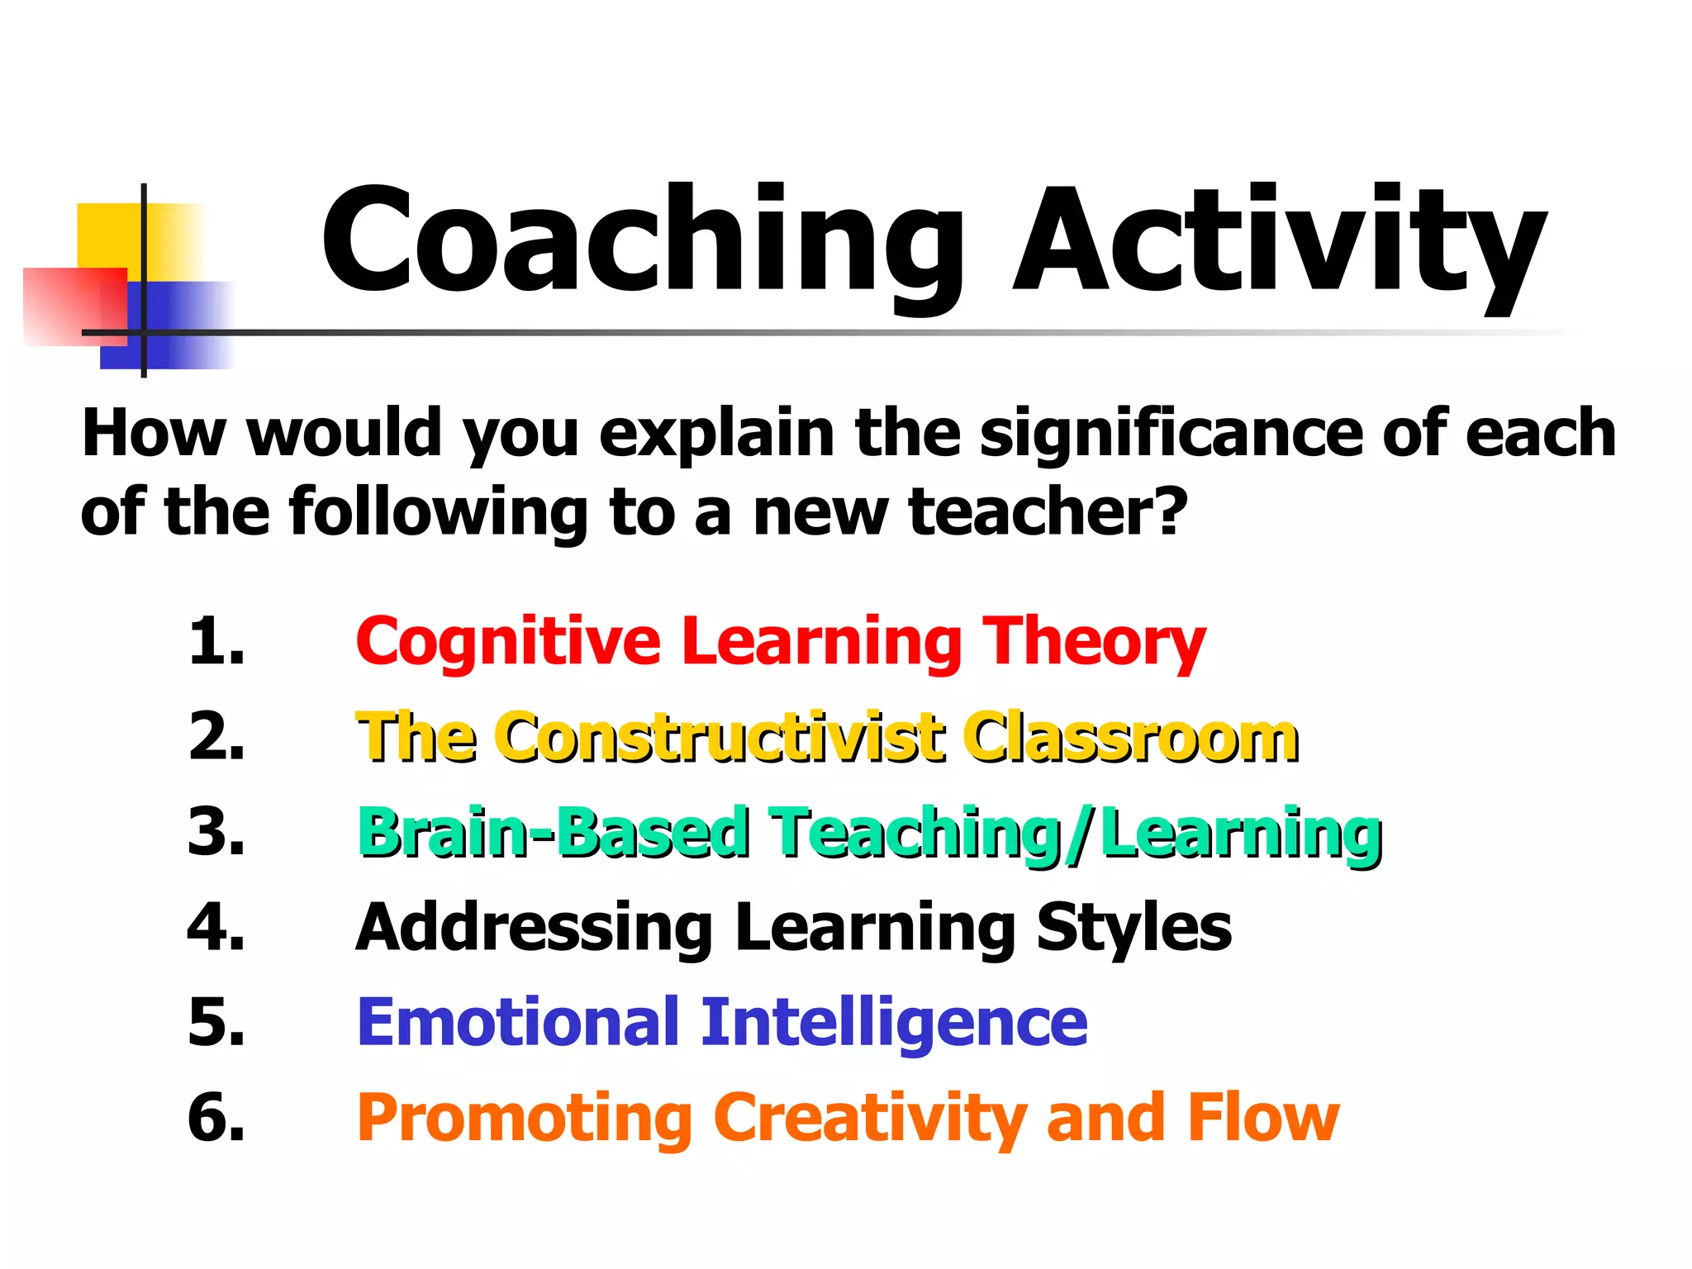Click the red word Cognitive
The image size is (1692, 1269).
508,643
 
